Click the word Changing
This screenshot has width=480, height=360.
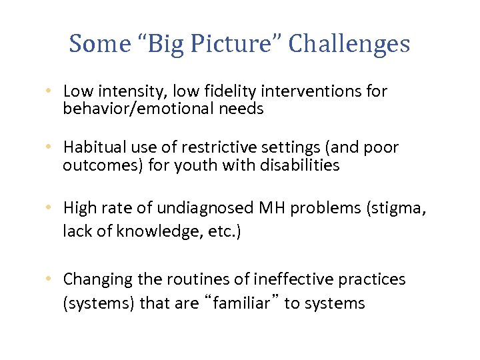94,279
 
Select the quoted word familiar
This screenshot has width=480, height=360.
242,303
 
